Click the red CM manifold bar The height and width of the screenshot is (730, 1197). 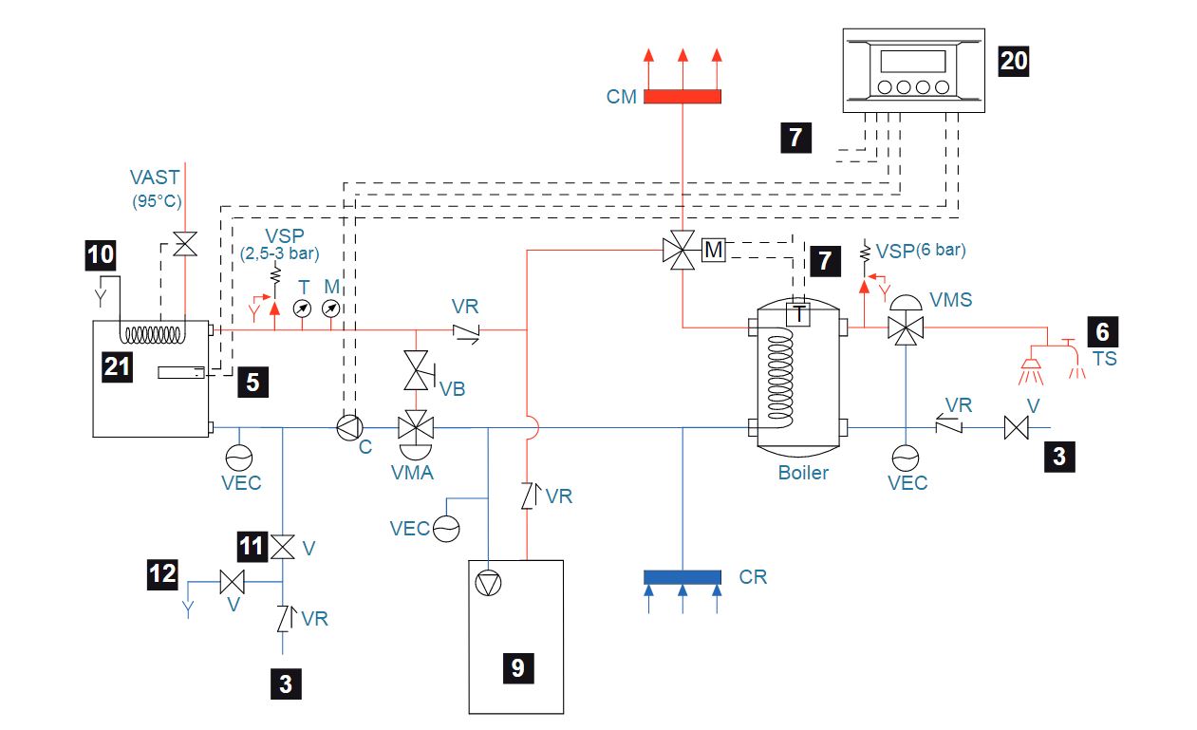(x=683, y=96)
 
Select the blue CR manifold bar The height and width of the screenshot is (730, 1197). (x=683, y=576)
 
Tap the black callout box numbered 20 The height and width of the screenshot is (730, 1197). (x=1013, y=61)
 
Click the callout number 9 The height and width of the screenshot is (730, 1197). (x=517, y=667)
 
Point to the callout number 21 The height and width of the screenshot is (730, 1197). (x=117, y=367)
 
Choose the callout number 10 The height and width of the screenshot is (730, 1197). (x=100, y=254)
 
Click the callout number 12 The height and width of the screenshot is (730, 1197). (x=162, y=573)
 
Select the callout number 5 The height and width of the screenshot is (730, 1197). (x=252, y=381)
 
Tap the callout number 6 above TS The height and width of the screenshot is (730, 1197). (x=1102, y=330)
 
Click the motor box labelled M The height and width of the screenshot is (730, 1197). (x=713, y=251)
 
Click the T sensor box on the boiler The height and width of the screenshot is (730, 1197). (x=800, y=314)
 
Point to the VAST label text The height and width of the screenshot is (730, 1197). (x=156, y=177)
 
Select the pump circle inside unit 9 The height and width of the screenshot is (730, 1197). (x=488, y=581)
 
